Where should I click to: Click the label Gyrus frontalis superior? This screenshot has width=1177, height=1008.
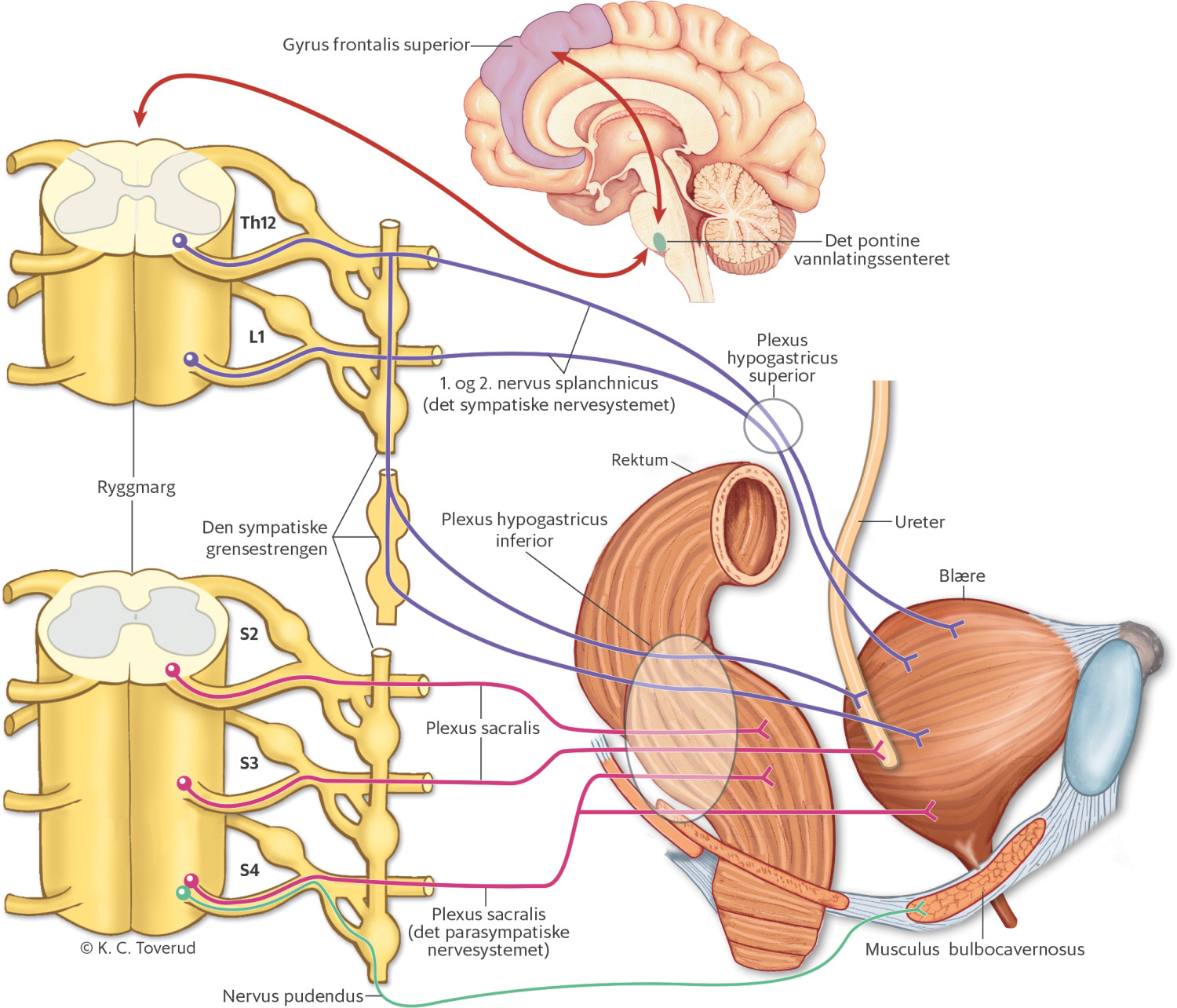point(376,45)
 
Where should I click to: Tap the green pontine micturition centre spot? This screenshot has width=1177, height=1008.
point(660,243)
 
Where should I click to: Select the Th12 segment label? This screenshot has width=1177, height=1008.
point(258,223)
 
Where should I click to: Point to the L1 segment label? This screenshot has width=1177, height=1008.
point(257,337)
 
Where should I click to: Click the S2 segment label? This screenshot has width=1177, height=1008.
point(249,634)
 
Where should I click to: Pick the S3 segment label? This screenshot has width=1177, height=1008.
point(249,762)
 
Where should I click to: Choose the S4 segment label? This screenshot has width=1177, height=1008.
point(249,870)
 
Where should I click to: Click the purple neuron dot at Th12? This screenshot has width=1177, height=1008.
point(180,240)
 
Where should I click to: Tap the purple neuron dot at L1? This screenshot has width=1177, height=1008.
point(189,360)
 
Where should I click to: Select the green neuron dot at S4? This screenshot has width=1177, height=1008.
point(183,893)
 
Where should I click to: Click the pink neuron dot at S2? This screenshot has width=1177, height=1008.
point(172,670)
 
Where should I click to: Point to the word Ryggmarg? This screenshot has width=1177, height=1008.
point(136,487)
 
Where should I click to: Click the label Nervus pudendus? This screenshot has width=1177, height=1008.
point(293,995)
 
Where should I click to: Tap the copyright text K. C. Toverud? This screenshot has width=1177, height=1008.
point(138,948)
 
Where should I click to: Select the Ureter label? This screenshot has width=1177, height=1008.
point(919,522)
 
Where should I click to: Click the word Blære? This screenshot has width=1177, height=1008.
point(961,575)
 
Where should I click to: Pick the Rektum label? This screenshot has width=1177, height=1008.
point(640,460)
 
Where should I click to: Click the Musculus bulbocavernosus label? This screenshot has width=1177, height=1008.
point(975,949)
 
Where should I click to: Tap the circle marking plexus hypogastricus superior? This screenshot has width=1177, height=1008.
point(773,426)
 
